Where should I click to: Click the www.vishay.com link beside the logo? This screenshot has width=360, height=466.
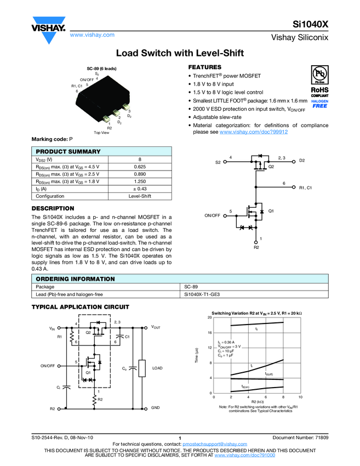click(92, 35)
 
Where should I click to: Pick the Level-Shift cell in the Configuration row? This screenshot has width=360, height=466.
click(140, 196)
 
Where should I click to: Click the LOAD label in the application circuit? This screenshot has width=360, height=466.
click(157, 368)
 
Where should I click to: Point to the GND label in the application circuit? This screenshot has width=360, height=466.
click(156, 408)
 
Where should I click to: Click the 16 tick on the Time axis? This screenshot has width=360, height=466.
click(210, 333)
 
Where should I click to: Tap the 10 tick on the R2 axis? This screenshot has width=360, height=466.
click(300, 397)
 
